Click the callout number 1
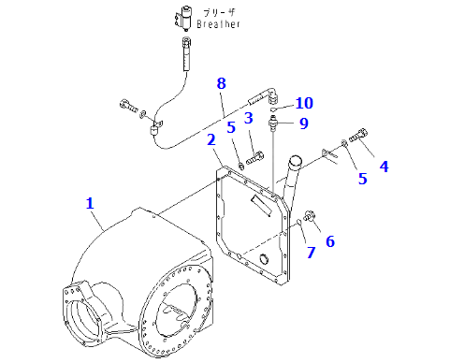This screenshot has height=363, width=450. pyautogui.click(x=90, y=203)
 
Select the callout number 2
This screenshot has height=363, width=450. pyautogui.click(x=211, y=139)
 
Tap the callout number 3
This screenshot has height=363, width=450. pyautogui.click(x=249, y=118)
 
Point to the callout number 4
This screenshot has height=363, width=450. pyautogui.click(x=385, y=167)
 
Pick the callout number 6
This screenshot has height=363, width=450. pyautogui.click(x=330, y=241)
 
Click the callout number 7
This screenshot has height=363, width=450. pyautogui.click(x=312, y=253)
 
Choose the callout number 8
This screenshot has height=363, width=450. pyautogui.click(x=221, y=83)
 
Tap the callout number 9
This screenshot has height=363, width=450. pyautogui.click(x=304, y=123)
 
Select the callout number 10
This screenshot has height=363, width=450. pyautogui.click(x=304, y=103)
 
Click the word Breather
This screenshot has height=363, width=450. pyautogui.click(x=218, y=24)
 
